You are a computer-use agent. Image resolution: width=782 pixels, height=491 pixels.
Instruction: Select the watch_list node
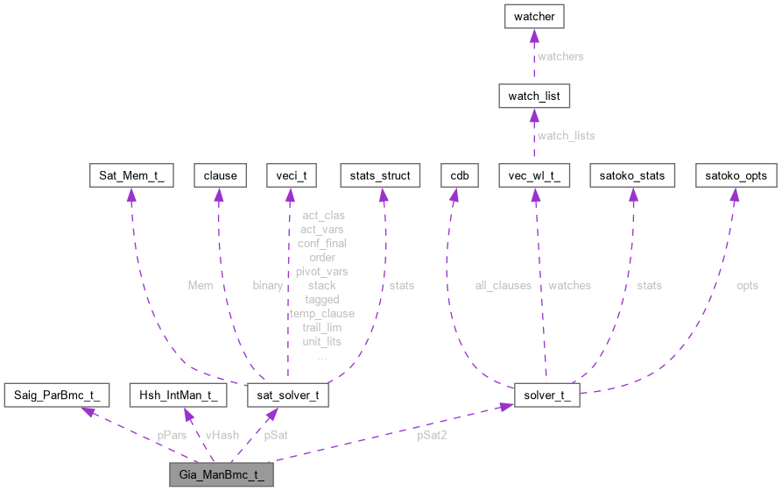(x=534, y=94)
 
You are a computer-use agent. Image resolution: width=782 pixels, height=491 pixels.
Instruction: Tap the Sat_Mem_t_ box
(x=131, y=175)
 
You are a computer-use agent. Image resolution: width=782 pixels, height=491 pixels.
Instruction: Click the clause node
(x=219, y=175)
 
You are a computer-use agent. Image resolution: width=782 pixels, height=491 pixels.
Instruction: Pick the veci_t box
(x=290, y=175)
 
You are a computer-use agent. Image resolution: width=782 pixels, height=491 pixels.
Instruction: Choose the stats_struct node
(x=380, y=175)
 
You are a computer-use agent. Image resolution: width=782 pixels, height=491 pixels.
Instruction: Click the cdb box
(x=460, y=175)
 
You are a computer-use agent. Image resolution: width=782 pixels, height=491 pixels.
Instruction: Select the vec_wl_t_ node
(x=534, y=175)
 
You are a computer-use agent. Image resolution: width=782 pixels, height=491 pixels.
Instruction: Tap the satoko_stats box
(x=632, y=175)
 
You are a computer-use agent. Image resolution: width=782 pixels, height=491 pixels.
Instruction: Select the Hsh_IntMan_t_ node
(x=178, y=395)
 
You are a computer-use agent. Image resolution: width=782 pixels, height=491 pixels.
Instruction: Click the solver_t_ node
(x=546, y=395)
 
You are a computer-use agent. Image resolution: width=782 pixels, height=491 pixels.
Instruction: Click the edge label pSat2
(x=431, y=435)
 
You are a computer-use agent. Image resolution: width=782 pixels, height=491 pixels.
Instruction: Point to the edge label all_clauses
(x=499, y=285)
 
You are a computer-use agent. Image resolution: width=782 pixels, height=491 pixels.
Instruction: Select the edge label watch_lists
(x=566, y=136)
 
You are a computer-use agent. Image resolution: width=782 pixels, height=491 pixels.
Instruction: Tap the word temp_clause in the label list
(x=322, y=313)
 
